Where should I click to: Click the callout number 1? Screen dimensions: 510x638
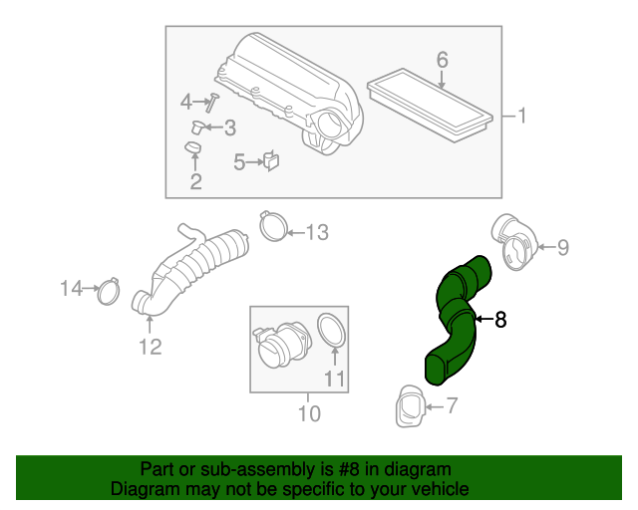tap(521, 116)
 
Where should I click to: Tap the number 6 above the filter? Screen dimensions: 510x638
tap(442, 60)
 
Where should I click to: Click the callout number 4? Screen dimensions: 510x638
tap(185, 101)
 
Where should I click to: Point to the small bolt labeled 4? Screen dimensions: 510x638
tap(213, 101)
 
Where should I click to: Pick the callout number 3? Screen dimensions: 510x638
tap(229, 127)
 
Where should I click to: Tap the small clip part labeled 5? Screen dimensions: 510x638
tap(271, 160)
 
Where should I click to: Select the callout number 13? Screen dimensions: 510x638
tap(316, 233)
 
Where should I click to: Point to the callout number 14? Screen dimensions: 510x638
tap(70, 289)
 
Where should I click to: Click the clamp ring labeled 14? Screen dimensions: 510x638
tap(108, 293)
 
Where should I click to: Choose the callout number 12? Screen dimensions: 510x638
tap(150, 347)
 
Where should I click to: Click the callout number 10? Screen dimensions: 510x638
tap(309, 411)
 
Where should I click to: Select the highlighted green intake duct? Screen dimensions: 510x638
tap(456, 319)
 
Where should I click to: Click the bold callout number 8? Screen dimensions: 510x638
tap(500, 320)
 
